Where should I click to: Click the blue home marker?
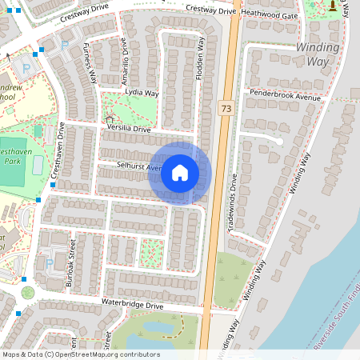(180, 173)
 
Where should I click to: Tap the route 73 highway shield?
(226, 106)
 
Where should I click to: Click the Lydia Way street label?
(142, 93)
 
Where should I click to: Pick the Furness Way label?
(90, 66)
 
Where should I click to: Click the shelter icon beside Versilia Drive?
(110, 120)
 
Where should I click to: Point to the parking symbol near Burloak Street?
(50, 263)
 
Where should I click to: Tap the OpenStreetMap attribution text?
(81, 354)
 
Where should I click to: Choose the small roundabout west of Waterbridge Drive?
(28, 292)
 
